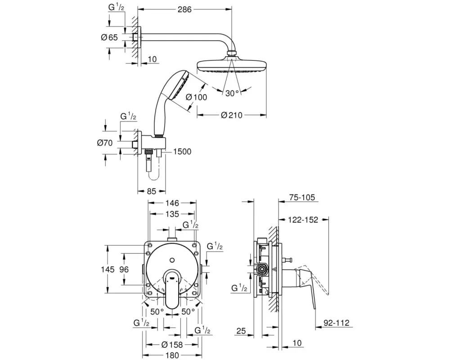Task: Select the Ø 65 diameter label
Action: (x=109, y=38)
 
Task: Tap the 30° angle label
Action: (x=232, y=93)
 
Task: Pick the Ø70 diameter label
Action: (x=107, y=143)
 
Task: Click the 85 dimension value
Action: (x=151, y=191)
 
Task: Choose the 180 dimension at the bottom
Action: (x=171, y=355)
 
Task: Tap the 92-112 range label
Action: (x=336, y=323)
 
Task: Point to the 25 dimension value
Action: (x=241, y=332)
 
